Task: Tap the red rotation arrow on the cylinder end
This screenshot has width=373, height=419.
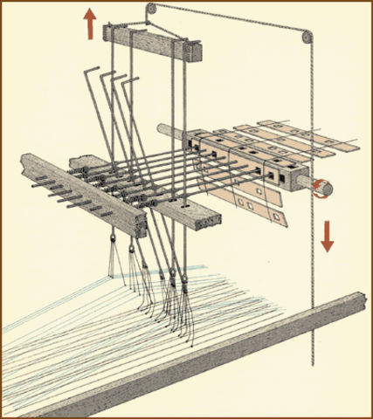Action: tap(323, 185)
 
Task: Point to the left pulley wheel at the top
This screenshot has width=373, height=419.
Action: tap(152, 10)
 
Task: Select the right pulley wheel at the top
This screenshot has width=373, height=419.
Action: tap(303, 37)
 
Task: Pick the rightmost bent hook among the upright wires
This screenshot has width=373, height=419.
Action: tap(133, 80)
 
